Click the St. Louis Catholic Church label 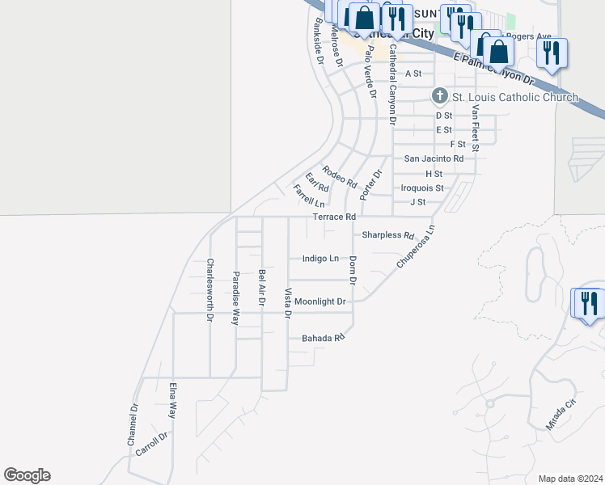click(514, 98)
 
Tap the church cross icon click(440, 97)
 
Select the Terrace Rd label click(334, 217)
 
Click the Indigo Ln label click(320, 259)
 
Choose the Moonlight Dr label click(319, 302)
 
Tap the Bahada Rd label click(323, 338)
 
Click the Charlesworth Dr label click(209, 290)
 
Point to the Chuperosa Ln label click(416, 247)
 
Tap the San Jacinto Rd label click(434, 158)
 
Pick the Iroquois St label click(422, 188)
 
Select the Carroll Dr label click(151, 445)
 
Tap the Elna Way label click(172, 401)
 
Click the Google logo click(27, 475)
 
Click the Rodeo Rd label click(339, 176)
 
